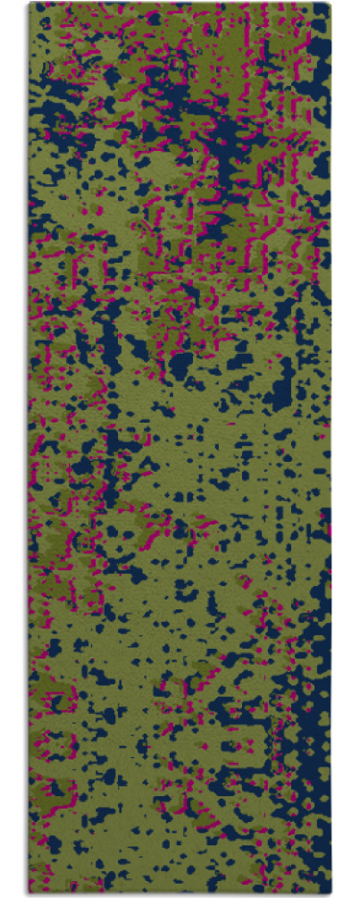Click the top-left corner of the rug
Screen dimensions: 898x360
coord(29,4)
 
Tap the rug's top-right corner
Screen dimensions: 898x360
coord(330,4)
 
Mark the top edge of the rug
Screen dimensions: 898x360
coord(179,4)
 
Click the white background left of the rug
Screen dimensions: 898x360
coord(13,447)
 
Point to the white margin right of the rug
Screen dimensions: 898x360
coord(346,447)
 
